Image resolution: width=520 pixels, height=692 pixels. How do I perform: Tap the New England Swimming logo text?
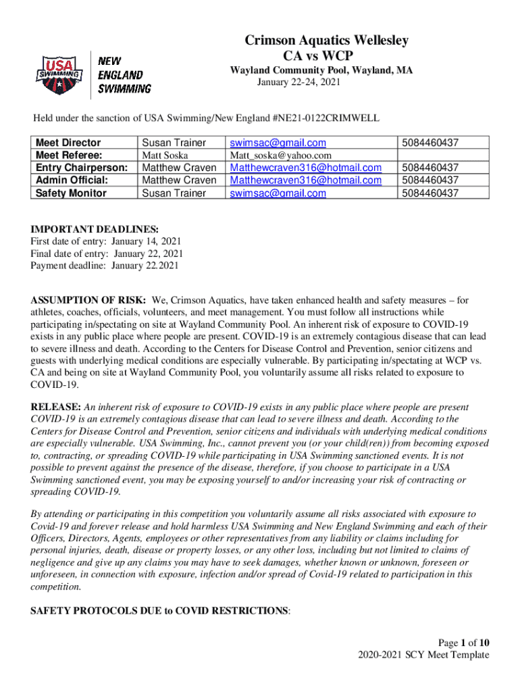pos(125,74)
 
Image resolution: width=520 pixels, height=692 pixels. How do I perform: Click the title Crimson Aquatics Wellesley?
pos(326,41)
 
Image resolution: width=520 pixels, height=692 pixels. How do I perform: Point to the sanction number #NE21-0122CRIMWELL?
pos(327,119)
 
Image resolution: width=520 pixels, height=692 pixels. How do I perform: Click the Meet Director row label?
pos(68,143)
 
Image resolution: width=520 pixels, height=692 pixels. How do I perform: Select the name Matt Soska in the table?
pos(165,155)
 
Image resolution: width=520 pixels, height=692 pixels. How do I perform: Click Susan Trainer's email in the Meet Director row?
pos(278,143)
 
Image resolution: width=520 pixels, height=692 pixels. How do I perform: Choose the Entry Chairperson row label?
pos(82,168)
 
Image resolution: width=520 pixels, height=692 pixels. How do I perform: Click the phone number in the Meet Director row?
pos(430,143)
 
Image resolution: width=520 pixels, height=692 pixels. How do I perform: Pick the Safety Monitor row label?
pos(71,193)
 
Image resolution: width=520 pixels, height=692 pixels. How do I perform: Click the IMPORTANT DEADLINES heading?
pos(95,230)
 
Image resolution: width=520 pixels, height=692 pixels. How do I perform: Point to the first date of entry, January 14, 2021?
pos(146,242)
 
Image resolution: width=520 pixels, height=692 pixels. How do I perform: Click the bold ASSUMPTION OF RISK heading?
pos(88,299)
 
